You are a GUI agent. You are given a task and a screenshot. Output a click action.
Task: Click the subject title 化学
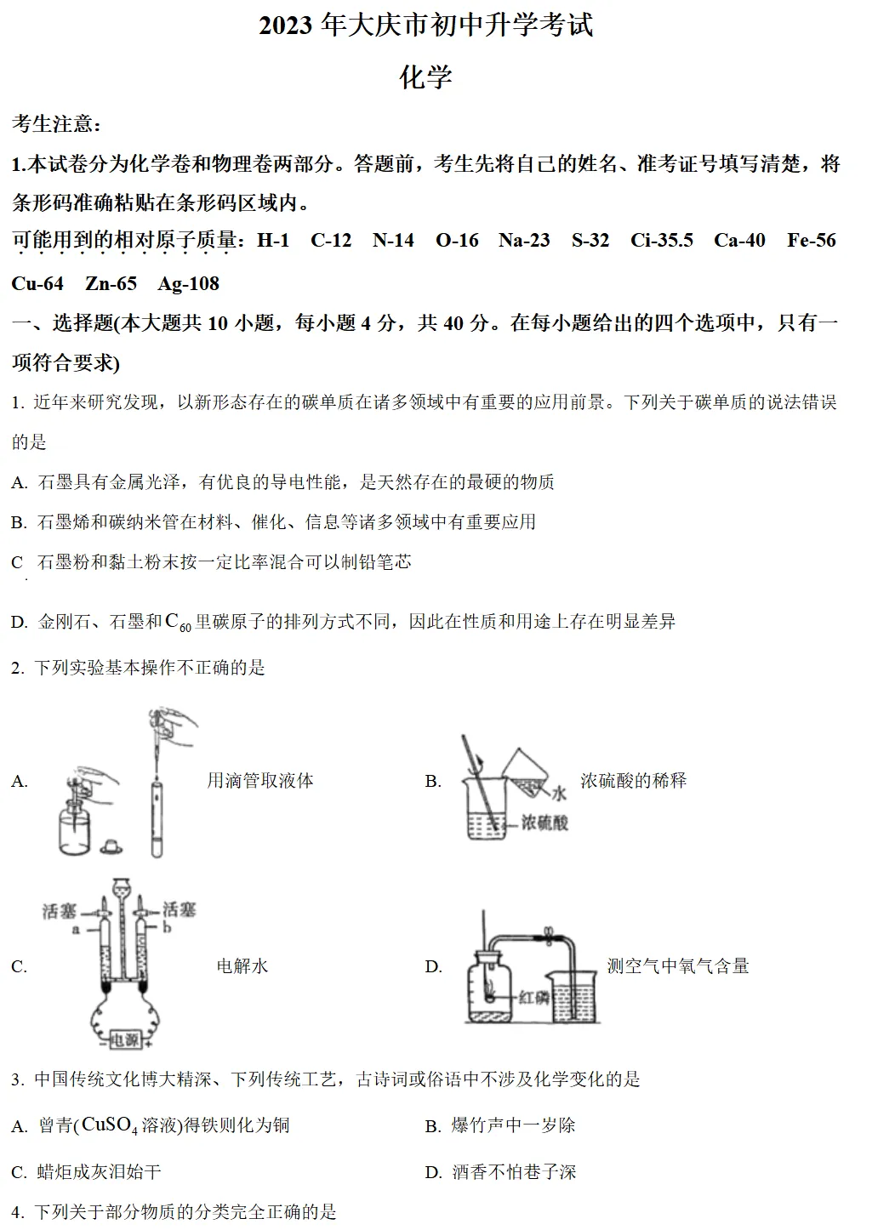click(425, 77)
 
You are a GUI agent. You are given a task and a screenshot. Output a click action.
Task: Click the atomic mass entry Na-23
click(524, 241)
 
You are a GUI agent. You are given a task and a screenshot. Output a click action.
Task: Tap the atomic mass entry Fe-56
click(811, 241)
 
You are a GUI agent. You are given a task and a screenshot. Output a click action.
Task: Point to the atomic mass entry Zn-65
click(111, 284)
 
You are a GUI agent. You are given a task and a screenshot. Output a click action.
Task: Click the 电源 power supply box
click(125, 1039)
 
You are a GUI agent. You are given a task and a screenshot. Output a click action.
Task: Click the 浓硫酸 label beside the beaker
click(544, 823)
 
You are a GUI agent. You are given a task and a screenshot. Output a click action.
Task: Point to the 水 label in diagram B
click(558, 793)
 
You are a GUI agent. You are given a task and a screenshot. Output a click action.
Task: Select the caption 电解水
click(242, 966)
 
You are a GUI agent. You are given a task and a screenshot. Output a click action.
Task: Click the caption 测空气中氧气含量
click(677, 966)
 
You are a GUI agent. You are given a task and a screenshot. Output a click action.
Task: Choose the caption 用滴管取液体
click(260, 781)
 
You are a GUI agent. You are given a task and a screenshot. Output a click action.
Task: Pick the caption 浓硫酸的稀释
click(633, 781)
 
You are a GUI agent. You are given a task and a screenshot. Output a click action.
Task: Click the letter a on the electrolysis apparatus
click(76, 930)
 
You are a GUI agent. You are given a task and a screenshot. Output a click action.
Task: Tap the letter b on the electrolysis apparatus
click(167, 928)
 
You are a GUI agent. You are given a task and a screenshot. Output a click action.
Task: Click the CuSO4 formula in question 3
click(109, 1125)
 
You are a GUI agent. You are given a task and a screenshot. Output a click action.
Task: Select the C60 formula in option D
click(178, 623)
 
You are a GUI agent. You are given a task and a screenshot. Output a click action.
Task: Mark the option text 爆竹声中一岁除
click(513, 1126)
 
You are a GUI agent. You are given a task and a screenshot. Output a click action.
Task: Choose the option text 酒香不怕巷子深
click(514, 1172)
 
